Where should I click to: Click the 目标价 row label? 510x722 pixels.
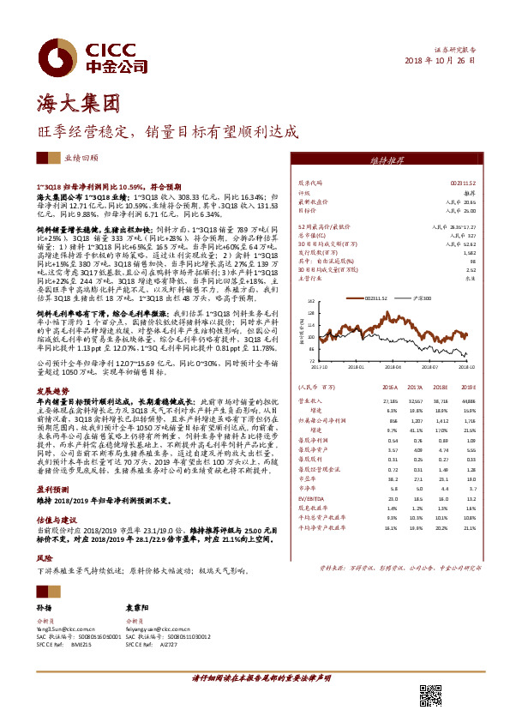(x=306, y=210)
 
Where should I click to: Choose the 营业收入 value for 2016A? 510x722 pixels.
(x=390, y=400)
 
